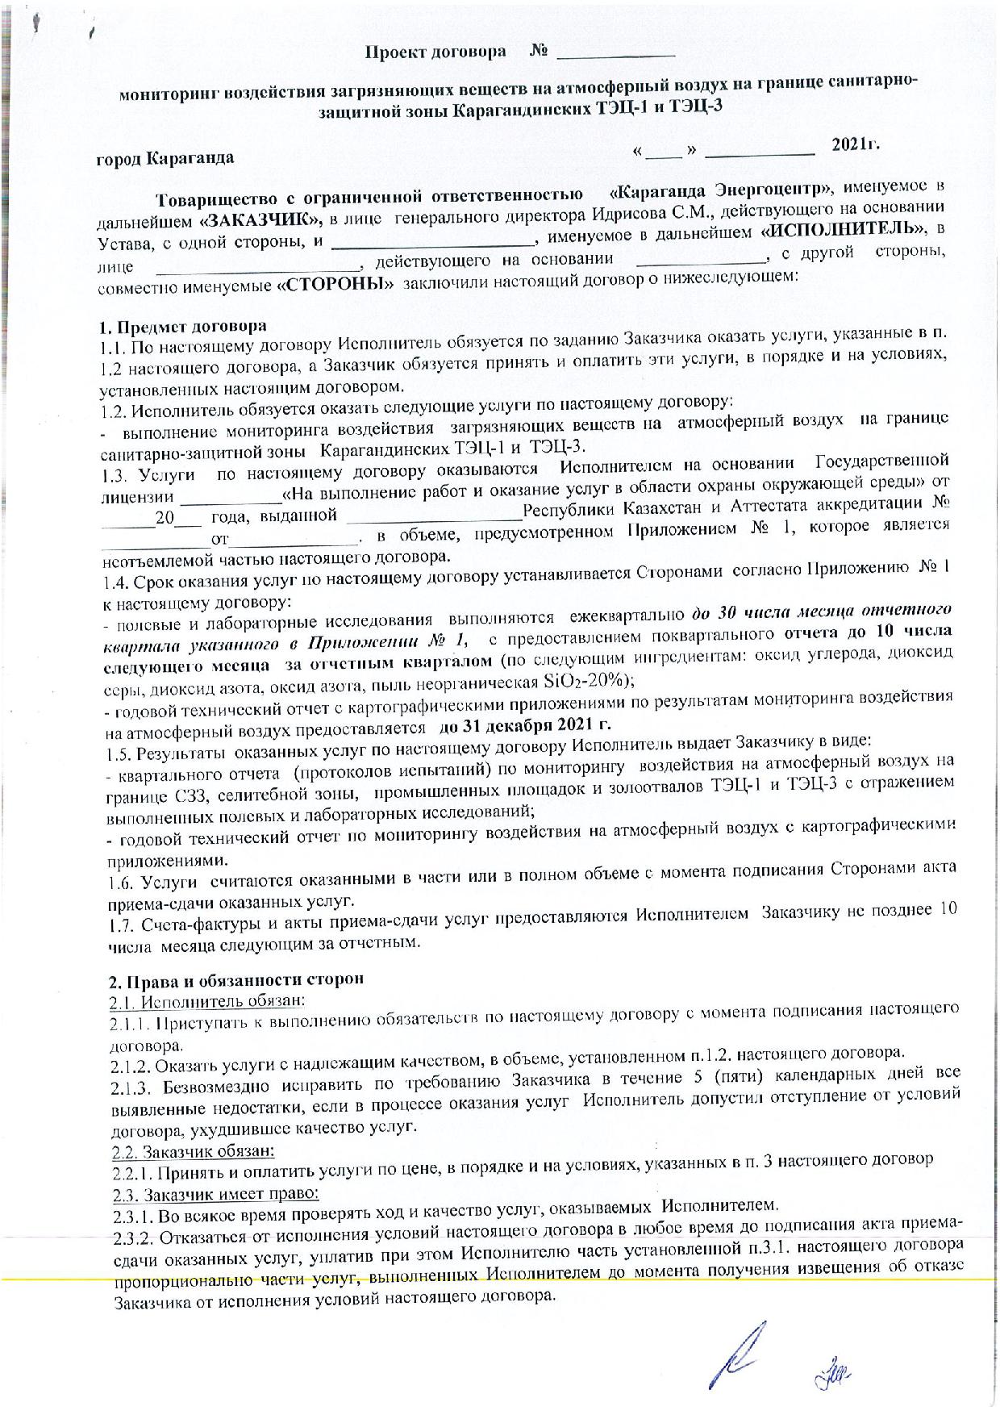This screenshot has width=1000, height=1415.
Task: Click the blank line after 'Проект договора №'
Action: tap(615, 55)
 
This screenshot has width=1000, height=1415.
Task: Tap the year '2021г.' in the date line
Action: tap(855, 145)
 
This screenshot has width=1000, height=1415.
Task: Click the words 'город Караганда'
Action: tap(165, 157)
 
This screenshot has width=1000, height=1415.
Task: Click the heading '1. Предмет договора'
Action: tap(182, 328)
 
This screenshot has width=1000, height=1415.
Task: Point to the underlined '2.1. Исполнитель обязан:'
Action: tap(206, 1000)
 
